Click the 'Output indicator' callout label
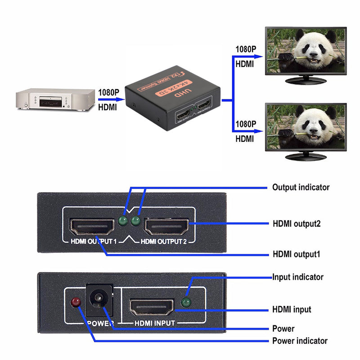[301, 187]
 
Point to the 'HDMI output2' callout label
[297, 223]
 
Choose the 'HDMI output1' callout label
[297, 254]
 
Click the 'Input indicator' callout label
[297, 277]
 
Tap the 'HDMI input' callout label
[292, 310]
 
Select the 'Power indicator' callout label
[300, 341]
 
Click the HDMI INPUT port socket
[152, 307]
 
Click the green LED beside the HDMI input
[185, 302]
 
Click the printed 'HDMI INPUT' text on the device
[154, 323]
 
